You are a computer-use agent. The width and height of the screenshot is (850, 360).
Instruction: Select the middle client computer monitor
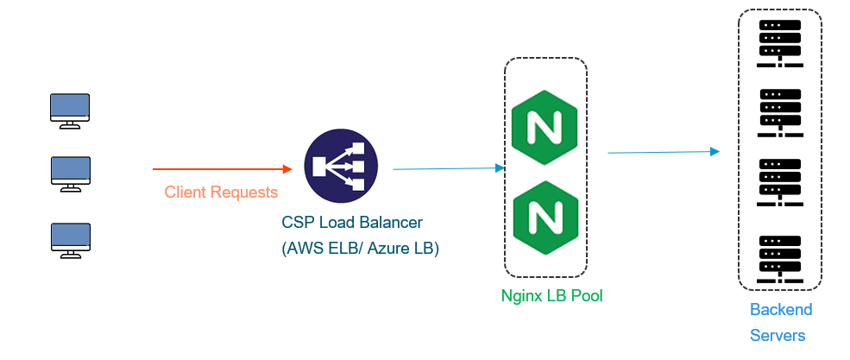pos(70,173)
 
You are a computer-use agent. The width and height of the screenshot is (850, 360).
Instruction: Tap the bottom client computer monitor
pos(70,238)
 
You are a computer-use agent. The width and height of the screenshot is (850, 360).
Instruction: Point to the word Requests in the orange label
pos(245,192)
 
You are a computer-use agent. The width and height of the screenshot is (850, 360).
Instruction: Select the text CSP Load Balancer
pos(352,223)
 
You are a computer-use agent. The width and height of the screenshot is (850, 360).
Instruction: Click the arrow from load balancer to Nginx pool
pos(448,169)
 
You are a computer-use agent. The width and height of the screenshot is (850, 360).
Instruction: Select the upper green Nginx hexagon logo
pos(545,132)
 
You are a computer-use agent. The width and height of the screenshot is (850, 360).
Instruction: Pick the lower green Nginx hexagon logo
pos(545,212)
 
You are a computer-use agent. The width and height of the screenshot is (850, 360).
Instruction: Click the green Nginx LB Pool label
pos(551,296)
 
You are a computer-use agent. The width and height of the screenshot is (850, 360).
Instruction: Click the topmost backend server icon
pos(779,43)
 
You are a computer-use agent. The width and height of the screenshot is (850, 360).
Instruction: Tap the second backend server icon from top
pos(779,112)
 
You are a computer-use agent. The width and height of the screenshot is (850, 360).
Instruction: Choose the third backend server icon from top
pos(779,182)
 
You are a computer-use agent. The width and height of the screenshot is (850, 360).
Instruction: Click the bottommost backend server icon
pos(779,258)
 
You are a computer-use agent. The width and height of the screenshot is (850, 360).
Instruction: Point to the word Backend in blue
pos(780,310)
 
